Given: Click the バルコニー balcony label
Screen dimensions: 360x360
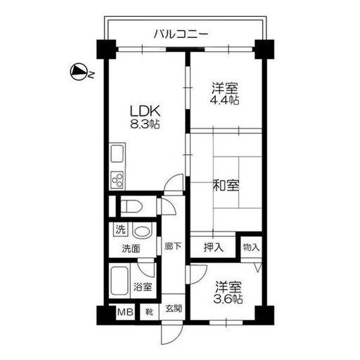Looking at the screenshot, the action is (x=181, y=34).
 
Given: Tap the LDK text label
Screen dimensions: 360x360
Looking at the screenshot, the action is (x=145, y=111).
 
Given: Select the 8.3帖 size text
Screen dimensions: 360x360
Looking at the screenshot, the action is (x=145, y=124).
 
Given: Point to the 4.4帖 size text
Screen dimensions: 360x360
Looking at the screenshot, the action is (x=224, y=100).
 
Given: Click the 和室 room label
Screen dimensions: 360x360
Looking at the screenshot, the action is (x=226, y=185).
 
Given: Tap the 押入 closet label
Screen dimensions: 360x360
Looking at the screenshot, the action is (x=213, y=247).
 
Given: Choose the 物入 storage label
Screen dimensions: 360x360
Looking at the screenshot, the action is (x=251, y=247).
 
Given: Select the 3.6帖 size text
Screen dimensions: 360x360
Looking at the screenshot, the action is (x=228, y=299).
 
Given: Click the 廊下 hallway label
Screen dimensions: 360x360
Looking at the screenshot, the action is (x=173, y=246).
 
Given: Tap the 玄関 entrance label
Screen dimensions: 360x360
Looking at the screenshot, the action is (x=174, y=308).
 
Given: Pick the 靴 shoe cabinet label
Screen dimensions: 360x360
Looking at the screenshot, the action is (x=149, y=312).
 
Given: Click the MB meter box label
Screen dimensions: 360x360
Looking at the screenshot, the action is (x=125, y=312).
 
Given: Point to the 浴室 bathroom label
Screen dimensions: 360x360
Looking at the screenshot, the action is (x=143, y=287).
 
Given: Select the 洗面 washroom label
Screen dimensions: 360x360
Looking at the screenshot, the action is (x=131, y=249).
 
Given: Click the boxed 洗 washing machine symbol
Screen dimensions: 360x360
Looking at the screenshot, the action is (x=120, y=229).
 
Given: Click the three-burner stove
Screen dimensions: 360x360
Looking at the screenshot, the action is (x=117, y=180).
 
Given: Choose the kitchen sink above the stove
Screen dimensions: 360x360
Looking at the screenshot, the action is (x=117, y=153).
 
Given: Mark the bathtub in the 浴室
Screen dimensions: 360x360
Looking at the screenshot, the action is (x=120, y=281).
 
